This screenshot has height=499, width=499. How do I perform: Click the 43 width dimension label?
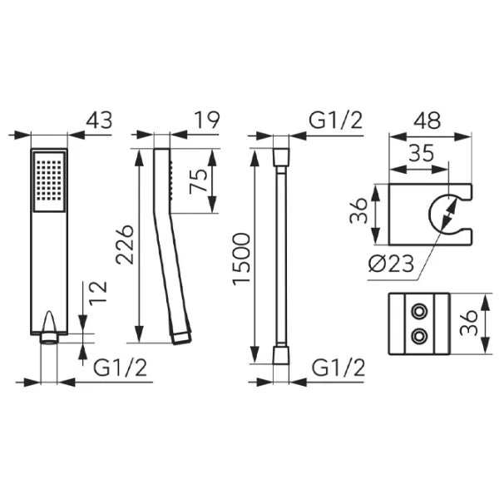tap(100, 121)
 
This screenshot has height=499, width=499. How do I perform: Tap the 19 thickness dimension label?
tap(207, 121)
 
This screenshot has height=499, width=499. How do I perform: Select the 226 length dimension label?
tap(125, 245)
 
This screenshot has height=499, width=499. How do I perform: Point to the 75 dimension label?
tap(198, 181)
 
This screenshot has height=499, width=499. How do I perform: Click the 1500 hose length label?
tap(241, 259)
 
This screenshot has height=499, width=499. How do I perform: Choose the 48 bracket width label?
tap(428, 121)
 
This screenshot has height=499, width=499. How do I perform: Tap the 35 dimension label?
tap(421, 153)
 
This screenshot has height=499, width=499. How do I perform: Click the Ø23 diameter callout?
tap(392, 263)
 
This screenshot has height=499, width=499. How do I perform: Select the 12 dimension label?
tap(97, 294)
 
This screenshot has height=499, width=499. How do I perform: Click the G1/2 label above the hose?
tap(336, 121)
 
